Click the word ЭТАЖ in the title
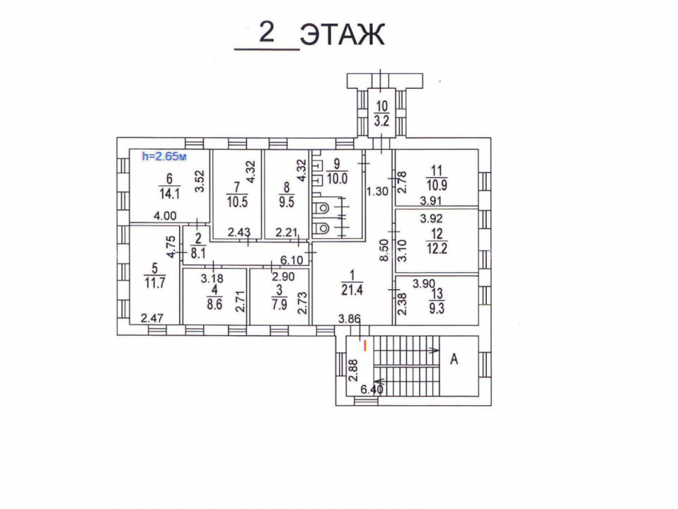tap(342, 35)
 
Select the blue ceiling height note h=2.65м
tap(163, 156)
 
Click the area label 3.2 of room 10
tap(381, 122)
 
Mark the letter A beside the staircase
tap(454, 360)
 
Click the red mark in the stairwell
tap(365, 345)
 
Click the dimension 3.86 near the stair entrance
tap(350, 318)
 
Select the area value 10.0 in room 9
tap(336, 179)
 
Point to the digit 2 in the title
tap(266, 32)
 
